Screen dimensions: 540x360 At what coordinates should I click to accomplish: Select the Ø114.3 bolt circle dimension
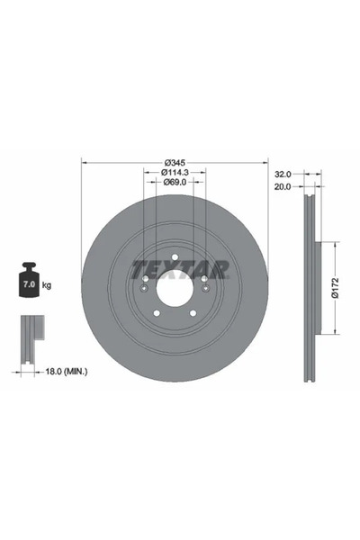pyautogui.click(x=175, y=172)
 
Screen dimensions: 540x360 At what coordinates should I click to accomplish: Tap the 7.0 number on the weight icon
pyautogui.click(x=28, y=284)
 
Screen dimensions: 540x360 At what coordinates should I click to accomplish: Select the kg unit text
pyautogui.click(x=47, y=284)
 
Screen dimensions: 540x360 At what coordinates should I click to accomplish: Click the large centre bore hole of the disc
pyautogui.click(x=175, y=290)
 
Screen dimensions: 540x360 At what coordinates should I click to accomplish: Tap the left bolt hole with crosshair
pyautogui.click(x=146, y=279)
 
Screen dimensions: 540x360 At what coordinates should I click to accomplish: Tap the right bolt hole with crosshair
pyautogui.click(x=205, y=279)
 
